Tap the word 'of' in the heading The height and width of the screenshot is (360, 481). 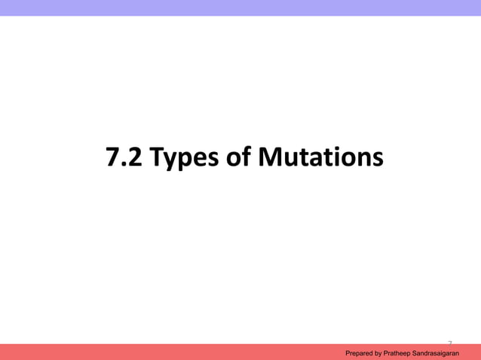[x=237, y=159]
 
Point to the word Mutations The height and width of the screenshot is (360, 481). [x=320, y=159]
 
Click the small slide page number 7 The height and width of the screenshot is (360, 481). [x=449, y=342]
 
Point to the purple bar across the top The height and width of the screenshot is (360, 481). [x=240, y=8]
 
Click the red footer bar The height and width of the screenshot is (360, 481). [x=151, y=352]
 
